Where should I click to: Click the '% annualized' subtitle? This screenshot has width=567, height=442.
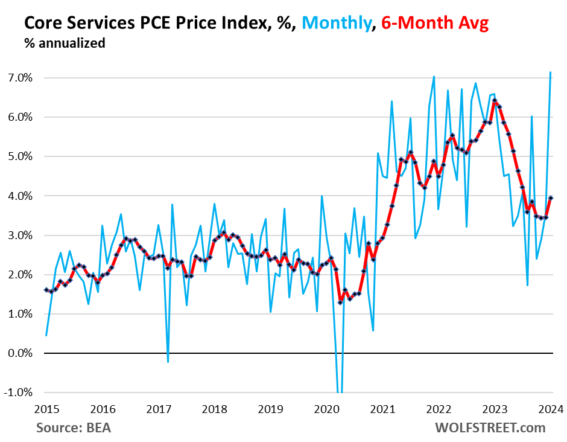(65, 43)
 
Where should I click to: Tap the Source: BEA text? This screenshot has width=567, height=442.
(74, 428)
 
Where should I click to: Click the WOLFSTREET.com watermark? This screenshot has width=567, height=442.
(490, 428)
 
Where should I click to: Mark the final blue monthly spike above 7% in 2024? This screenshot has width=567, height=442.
(550, 72)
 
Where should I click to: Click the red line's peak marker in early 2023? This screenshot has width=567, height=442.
(495, 101)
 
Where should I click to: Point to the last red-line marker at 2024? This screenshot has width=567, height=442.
(550, 197)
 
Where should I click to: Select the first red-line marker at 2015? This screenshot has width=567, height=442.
(46, 290)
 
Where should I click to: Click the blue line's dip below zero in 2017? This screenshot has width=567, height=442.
(168, 362)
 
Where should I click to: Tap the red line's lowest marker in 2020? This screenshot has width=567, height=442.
(340, 302)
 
